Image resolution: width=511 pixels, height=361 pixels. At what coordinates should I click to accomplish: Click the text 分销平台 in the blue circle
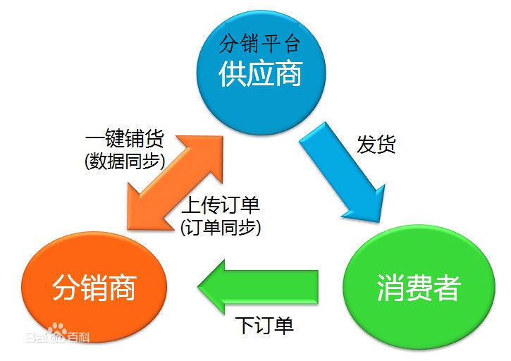pos(260,45)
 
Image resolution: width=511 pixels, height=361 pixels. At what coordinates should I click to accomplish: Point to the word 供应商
pos(260,73)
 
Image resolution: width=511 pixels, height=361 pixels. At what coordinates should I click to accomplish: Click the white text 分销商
pos(94,288)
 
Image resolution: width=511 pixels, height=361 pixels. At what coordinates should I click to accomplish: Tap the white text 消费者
pos(418,288)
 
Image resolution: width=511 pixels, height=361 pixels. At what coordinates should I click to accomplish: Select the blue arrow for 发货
pos(342,169)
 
